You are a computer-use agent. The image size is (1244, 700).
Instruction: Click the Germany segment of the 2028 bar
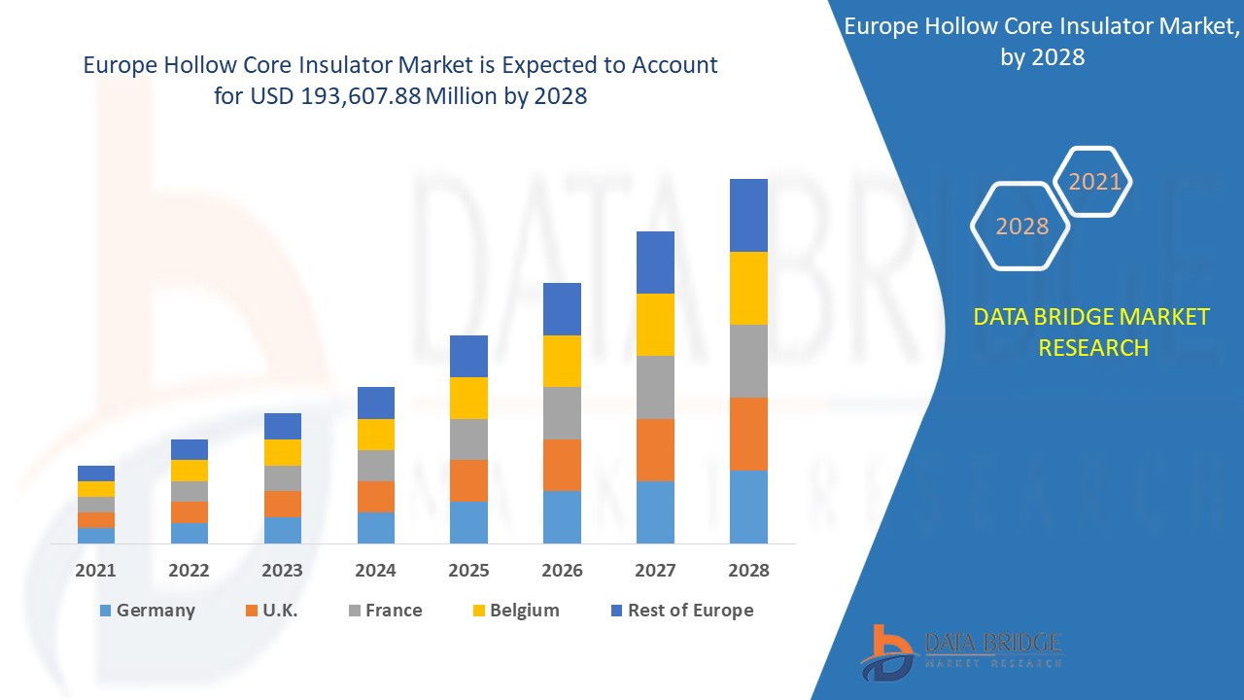click(x=748, y=507)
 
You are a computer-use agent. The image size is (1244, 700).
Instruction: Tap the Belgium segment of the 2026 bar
click(x=562, y=361)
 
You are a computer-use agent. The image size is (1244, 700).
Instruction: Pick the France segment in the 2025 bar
click(x=468, y=439)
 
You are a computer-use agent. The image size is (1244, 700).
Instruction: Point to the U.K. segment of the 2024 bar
click(x=375, y=497)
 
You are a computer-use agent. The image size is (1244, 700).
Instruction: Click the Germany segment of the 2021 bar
click(x=96, y=535)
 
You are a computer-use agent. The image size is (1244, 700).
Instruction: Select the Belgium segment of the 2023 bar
click(x=283, y=452)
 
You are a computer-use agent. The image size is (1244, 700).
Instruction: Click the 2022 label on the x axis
click(x=189, y=571)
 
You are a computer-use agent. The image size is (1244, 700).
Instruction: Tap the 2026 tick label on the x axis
click(x=562, y=571)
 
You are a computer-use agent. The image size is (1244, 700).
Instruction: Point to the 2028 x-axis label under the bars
click(x=748, y=571)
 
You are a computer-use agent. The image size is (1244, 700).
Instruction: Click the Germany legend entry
click(x=147, y=611)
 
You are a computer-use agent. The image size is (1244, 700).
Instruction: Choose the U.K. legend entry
click(x=271, y=611)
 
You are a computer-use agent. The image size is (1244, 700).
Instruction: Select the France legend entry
click(x=385, y=611)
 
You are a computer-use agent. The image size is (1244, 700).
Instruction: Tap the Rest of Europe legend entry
click(x=680, y=611)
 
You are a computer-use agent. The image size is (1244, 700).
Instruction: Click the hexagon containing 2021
click(x=1094, y=181)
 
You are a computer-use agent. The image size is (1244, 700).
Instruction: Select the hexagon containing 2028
click(x=1021, y=226)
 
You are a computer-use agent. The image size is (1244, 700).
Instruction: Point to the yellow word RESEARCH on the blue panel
click(x=1093, y=347)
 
